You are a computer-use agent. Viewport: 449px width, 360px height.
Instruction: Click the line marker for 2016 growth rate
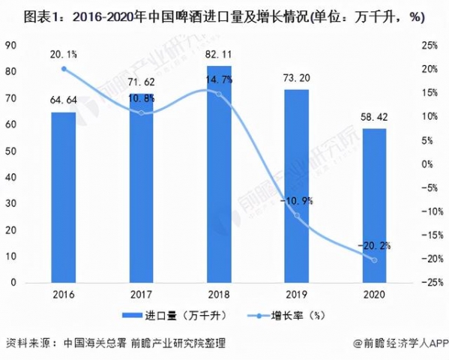click(x=64, y=68)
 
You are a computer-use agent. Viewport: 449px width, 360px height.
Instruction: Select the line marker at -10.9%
click(x=297, y=215)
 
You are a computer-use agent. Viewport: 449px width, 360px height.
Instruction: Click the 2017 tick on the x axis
click(x=139, y=293)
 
